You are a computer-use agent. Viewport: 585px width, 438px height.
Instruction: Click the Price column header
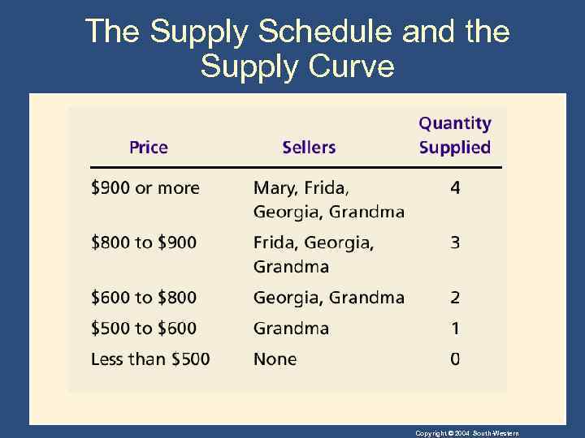click(149, 147)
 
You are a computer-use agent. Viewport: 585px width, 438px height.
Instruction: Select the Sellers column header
click(309, 147)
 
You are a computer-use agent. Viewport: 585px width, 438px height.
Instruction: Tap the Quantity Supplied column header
click(455, 135)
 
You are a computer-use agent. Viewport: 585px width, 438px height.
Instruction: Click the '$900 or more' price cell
click(145, 188)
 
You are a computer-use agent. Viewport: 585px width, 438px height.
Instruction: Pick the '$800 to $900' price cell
click(144, 243)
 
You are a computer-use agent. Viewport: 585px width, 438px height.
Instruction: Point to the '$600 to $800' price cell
click(144, 298)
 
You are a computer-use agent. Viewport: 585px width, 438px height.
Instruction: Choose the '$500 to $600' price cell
click(144, 328)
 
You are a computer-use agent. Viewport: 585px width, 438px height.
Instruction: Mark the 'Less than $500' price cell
click(150, 359)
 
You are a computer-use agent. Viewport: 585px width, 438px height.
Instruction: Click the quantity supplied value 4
click(455, 188)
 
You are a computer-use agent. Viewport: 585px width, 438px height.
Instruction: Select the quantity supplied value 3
click(455, 243)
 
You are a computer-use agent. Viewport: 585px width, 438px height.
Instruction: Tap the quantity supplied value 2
click(455, 298)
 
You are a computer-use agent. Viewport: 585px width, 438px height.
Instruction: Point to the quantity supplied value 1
click(455, 328)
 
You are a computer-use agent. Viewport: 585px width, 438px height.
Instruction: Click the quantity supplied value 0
click(455, 359)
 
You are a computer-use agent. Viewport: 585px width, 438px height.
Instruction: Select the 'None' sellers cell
click(275, 359)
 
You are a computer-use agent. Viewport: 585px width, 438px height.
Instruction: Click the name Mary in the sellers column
click(275, 188)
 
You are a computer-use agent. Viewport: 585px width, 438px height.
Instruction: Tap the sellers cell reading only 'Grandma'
click(291, 328)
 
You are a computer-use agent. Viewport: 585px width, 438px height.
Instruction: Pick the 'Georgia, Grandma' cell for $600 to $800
click(328, 298)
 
